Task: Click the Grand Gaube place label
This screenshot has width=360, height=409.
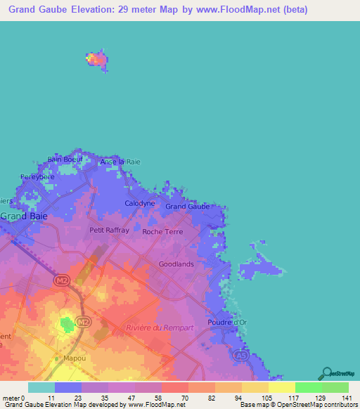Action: [188, 207]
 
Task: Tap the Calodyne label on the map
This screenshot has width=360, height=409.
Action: [139, 203]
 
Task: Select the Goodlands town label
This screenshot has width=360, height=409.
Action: [176, 264]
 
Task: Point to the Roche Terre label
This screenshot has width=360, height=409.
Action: [162, 231]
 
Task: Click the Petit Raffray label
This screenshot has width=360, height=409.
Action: [109, 230]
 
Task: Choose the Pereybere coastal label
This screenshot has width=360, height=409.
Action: [37, 177]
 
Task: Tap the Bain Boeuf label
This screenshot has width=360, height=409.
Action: [65, 160]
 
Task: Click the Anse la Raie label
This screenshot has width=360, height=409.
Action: [120, 162]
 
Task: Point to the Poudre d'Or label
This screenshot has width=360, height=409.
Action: [227, 322]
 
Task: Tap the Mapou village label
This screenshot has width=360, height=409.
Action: [67, 358]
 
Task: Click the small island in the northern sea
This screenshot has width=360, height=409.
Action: [97, 60]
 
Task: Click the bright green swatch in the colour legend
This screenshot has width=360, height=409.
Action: [308, 387]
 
